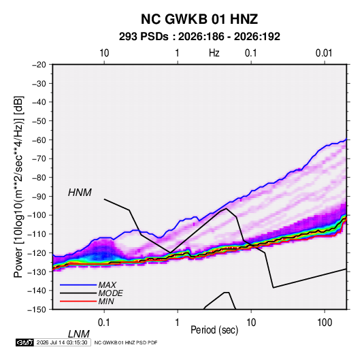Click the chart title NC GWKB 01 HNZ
click(x=199, y=19)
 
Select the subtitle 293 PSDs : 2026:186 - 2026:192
click(x=199, y=37)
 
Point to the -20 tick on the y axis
click(x=39, y=65)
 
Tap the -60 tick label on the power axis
click(x=39, y=140)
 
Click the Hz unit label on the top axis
click(x=214, y=53)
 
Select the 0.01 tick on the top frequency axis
click(x=324, y=53)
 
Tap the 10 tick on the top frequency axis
click(x=104, y=53)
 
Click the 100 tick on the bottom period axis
click(x=325, y=323)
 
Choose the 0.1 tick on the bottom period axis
click(x=104, y=323)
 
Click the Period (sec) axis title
click(x=214, y=330)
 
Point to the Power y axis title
click(x=18, y=186)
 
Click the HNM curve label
click(x=80, y=193)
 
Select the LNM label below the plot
click(x=78, y=334)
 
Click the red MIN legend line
click(x=78, y=301)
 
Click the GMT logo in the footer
click(x=24, y=342)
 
